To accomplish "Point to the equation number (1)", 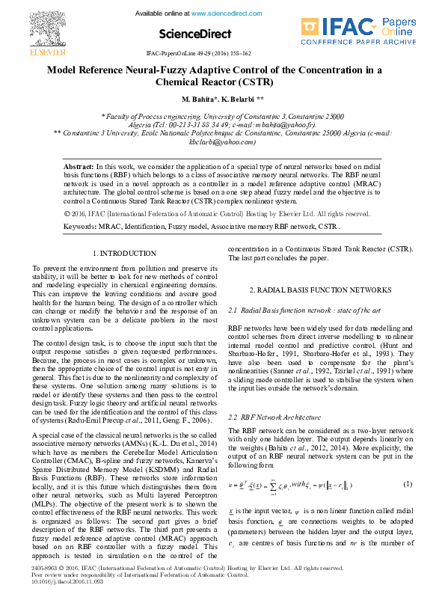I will pos(408,484).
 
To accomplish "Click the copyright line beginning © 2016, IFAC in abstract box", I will pos(217,213).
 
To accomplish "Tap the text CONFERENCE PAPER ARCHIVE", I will pos(375,43).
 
